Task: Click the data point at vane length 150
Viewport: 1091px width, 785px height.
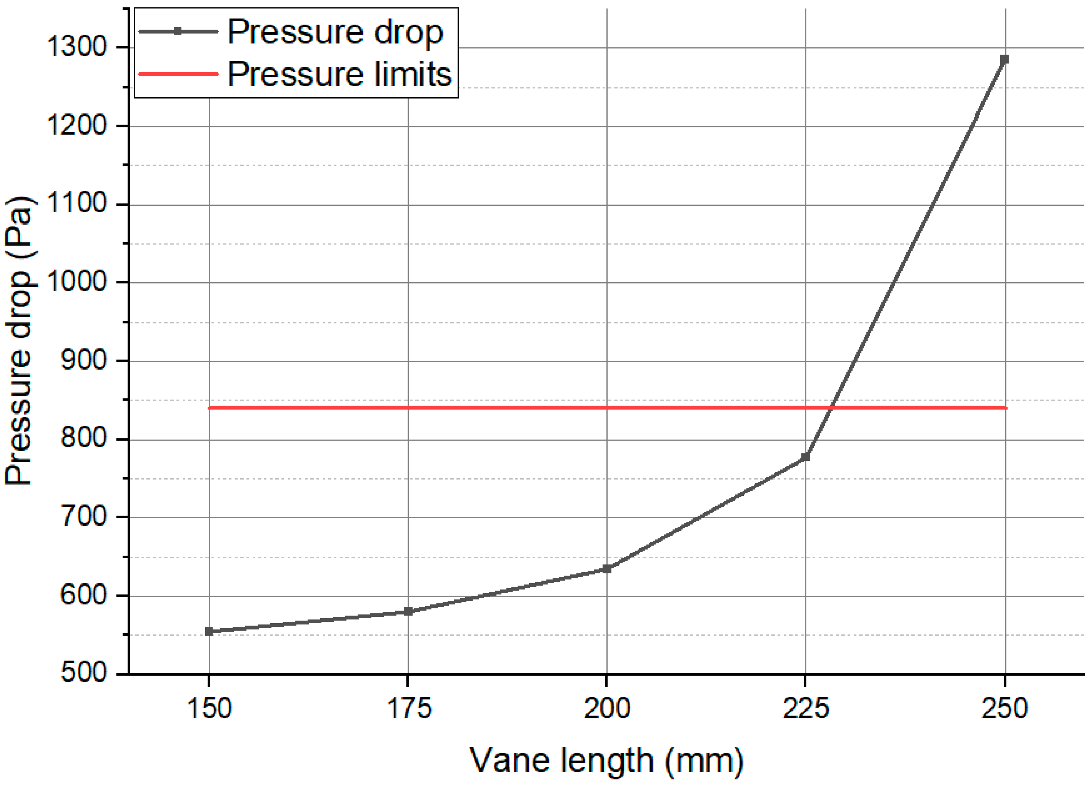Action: pos(209,631)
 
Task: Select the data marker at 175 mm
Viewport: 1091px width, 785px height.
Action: pos(408,611)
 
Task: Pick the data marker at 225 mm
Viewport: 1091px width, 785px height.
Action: pos(806,456)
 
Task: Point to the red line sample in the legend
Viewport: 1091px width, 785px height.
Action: pos(178,74)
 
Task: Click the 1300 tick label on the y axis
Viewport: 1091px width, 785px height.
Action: pos(76,47)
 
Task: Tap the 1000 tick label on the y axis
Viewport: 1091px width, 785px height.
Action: pos(76,282)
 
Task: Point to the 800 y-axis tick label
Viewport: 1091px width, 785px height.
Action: pos(83,438)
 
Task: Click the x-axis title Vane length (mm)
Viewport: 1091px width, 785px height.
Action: pos(606,761)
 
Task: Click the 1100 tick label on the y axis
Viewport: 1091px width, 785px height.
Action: pos(76,203)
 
